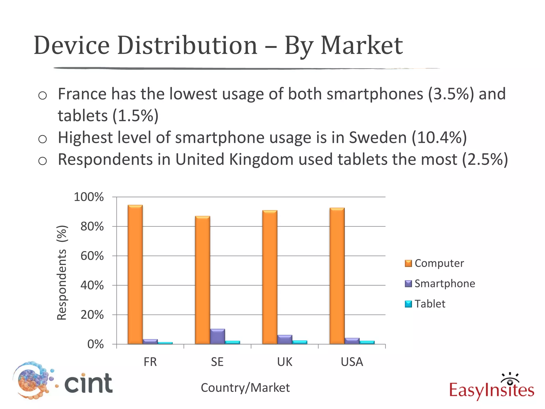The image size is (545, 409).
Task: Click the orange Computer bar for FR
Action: [x=135, y=274]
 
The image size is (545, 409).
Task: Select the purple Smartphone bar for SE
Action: [x=217, y=337]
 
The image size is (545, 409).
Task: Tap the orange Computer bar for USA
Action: [x=337, y=276]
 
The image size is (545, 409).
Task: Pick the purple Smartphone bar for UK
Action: [x=285, y=340]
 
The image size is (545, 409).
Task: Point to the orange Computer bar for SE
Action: [x=203, y=280]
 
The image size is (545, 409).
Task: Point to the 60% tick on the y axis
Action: [x=92, y=256]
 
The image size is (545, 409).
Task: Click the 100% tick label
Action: [x=89, y=197]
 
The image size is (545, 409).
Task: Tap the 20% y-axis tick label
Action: [x=92, y=315]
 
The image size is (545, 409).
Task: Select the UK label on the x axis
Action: [x=284, y=362]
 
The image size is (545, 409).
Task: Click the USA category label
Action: [x=352, y=362]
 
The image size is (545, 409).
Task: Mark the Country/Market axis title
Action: [x=245, y=388]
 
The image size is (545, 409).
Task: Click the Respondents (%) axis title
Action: [x=62, y=272]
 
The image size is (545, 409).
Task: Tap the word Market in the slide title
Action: [x=362, y=46]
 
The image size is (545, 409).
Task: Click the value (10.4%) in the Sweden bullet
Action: [x=439, y=138]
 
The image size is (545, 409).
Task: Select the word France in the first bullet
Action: [x=82, y=94]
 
